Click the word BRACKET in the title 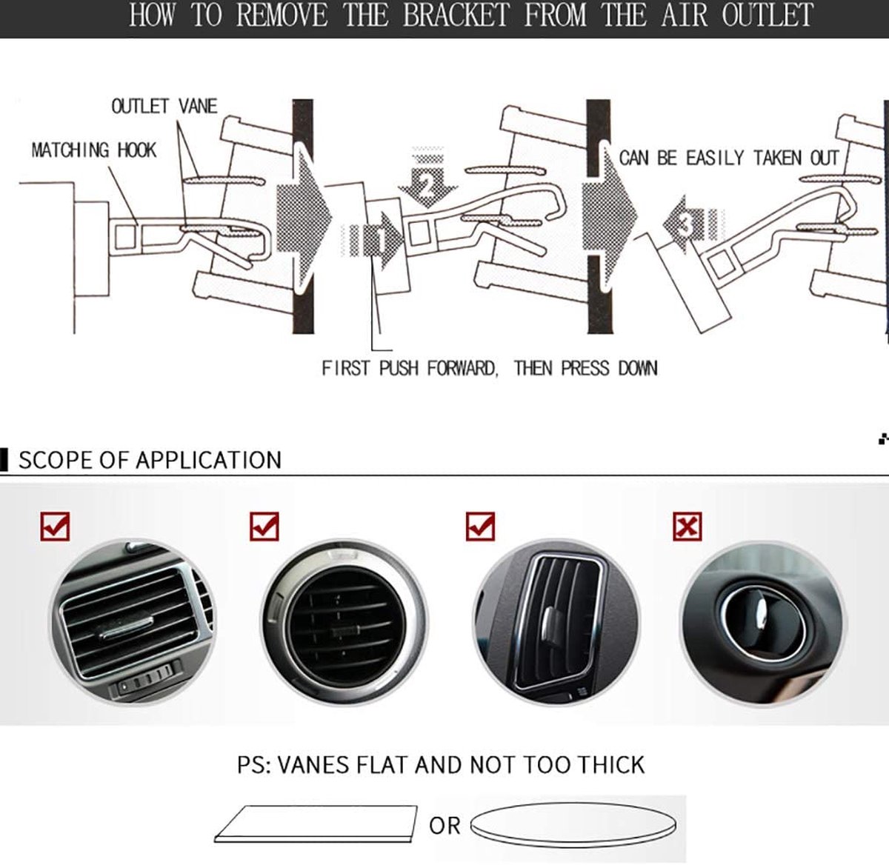pos(456,15)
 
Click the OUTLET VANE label pos(164,107)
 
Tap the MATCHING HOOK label pos(93,150)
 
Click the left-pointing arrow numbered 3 pos(693,224)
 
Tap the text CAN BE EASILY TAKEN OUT pos(729,158)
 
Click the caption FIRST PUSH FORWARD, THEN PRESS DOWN pos(490,368)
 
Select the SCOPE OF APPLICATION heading pos(150,460)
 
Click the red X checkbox pos(687,527)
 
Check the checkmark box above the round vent pos(264,527)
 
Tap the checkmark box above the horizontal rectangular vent pos(55,527)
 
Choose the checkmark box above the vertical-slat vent pos(480,527)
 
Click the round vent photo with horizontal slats pos(344,622)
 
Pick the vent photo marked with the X pos(763,623)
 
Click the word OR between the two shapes pos(444,826)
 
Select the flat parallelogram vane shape pos(316,824)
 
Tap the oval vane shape pos(573,825)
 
